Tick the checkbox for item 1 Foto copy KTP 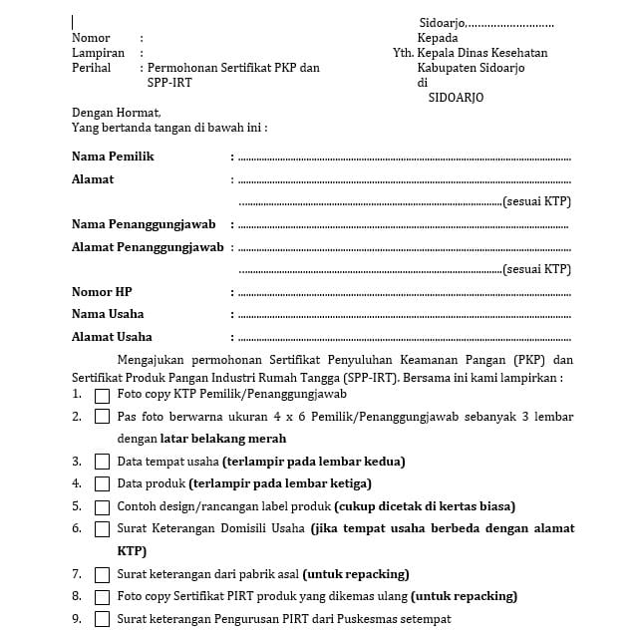pos(102,395)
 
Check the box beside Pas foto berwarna pos(102,417)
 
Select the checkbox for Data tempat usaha pos(102,462)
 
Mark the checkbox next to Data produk pos(102,483)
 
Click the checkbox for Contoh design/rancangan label pos(102,506)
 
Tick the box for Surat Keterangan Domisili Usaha pos(102,528)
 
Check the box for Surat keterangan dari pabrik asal pos(102,574)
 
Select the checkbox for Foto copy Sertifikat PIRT pos(102,597)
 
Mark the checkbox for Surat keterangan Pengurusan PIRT pos(102,619)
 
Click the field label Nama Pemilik pos(113,157)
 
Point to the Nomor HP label pos(102,292)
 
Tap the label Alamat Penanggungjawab pos(148,247)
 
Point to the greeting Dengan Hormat pos(116,113)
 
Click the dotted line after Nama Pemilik pos(404,158)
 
